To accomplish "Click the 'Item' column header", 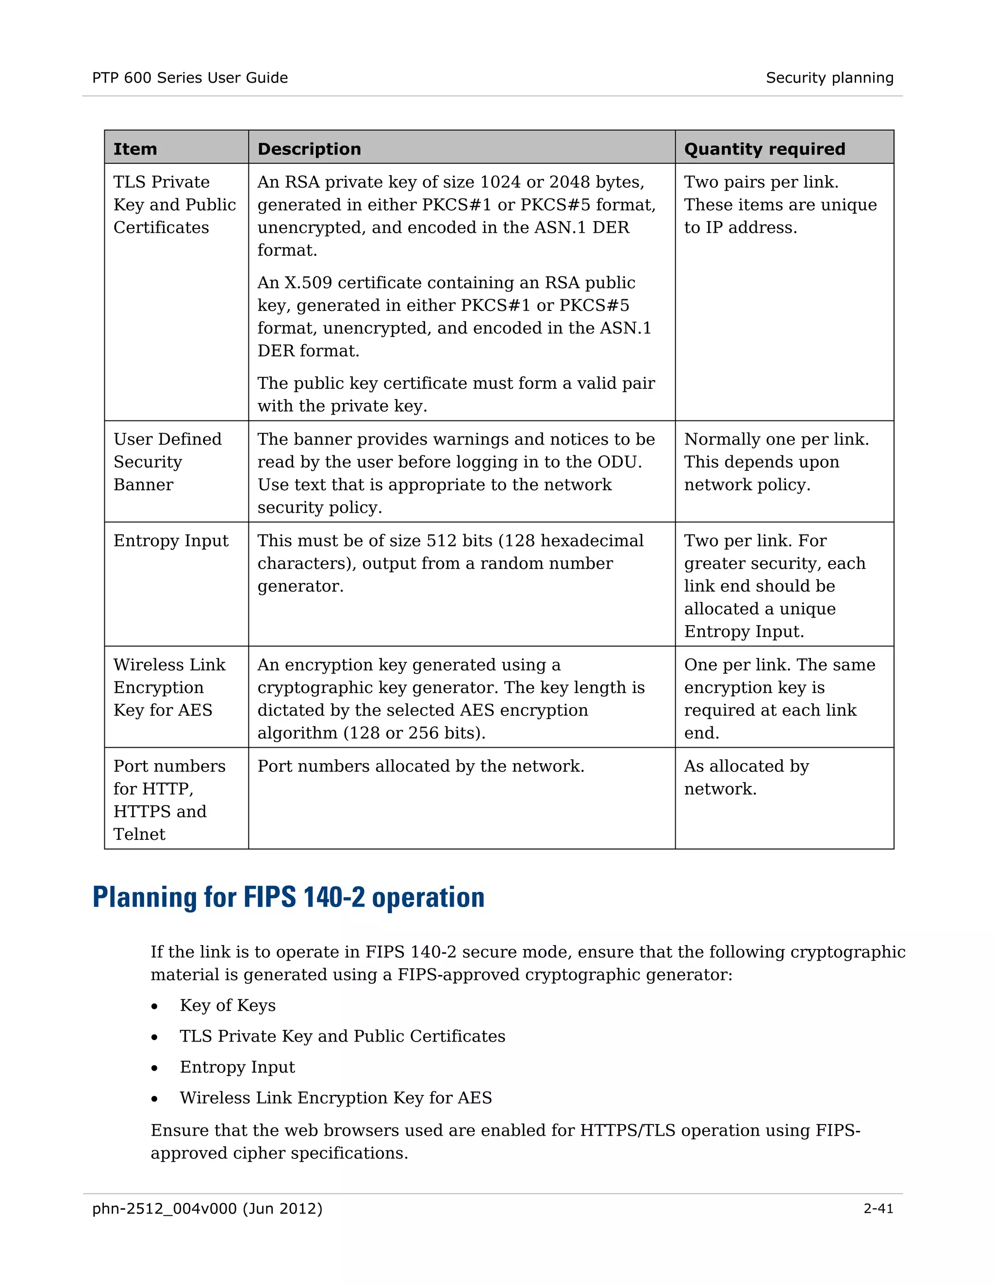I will (x=135, y=149).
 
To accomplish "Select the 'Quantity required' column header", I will (x=764, y=149).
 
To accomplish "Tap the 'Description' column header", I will (x=309, y=149).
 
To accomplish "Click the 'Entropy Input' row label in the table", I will (x=171, y=540).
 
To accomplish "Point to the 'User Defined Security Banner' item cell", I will (x=167, y=462).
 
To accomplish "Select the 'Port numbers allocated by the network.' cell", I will (x=420, y=766).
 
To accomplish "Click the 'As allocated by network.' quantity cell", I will (x=746, y=777).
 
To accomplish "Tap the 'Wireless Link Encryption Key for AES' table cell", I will (x=169, y=687).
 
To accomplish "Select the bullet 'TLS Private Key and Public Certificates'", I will (x=342, y=1036).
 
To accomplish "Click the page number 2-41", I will (x=878, y=1208).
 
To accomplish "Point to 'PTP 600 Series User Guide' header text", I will (x=190, y=78).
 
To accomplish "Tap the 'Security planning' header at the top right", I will (x=829, y=78).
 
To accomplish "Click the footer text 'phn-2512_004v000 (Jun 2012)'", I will (x=207, y=1208).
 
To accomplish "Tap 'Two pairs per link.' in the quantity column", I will (x=761, y=182).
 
